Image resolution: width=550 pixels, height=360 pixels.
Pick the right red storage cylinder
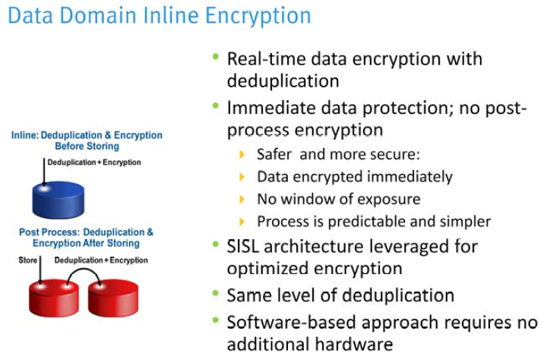112,297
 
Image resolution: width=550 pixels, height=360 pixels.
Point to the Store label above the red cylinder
27,260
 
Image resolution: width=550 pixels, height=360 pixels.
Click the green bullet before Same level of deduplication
217,293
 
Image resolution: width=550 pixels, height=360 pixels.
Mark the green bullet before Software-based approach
217,321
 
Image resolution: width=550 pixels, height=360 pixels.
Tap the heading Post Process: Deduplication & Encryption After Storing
86,238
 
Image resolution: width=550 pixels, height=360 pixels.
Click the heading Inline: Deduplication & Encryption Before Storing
86,141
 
